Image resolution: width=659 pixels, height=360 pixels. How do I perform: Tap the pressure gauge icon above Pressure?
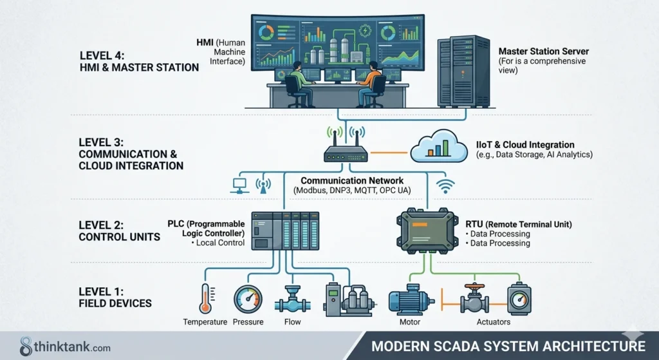pyautogui.click(x=248, y=299)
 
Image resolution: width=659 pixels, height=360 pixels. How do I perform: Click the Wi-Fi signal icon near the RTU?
pyautogui.click(x=445, y=186)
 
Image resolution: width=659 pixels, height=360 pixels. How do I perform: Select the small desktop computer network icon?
pyautogui.click(x=238, y=186)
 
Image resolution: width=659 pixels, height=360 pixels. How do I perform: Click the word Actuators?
pyautogui.click(x=494, y=322)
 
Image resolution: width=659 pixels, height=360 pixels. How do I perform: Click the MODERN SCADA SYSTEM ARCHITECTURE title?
pyautogui.click(x=508, y=346)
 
